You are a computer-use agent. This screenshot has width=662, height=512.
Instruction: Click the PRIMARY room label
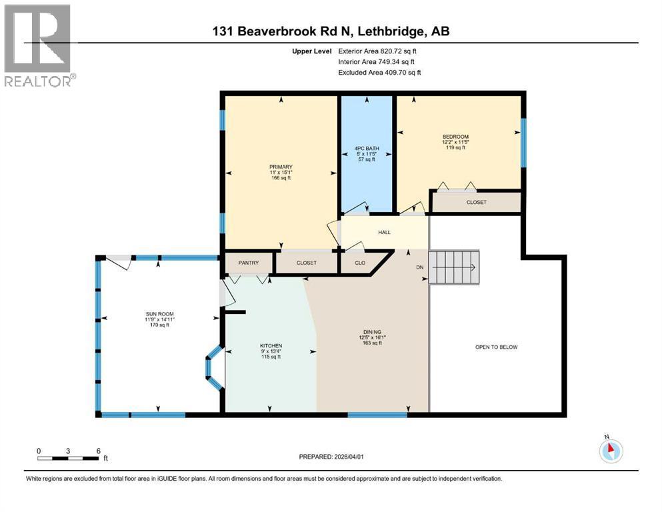pyautogui.click(x=281, y=167)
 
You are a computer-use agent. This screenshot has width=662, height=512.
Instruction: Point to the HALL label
pyautogui.click(x=384, y=233)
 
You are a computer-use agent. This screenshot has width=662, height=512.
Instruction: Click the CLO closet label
pyautogui.click(x=360, y=263)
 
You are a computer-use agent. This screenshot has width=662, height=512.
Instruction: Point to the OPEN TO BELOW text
pyautogui.click(x=496, y=347)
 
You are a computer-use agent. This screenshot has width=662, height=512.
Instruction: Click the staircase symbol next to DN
pyautogui.click(x=454, y=267)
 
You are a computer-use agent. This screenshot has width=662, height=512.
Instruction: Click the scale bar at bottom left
pyautogui.click(x=69, y=457)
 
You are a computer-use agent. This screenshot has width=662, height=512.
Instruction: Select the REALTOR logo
pyautogui.click(x=39, y=45)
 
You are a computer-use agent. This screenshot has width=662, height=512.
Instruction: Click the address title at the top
pyautogui.click(x=330, y=31)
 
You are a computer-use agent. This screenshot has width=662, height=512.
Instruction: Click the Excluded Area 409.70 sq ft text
pyautogui.click(x=379, y=72)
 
